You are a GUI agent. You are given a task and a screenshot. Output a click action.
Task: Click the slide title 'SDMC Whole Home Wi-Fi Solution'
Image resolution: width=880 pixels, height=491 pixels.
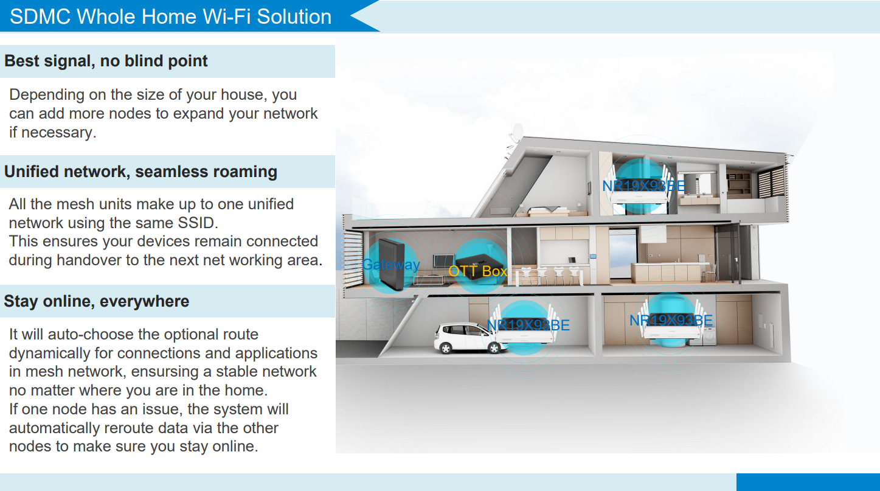pos(170,16)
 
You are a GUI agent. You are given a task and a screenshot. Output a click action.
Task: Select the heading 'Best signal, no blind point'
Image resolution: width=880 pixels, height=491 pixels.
pos(106,61)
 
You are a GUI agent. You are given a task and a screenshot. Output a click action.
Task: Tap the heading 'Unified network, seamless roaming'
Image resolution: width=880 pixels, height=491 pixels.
pos(140,172)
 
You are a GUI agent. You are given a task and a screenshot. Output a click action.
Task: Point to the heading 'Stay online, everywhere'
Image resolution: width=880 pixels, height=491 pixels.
pos(97,301)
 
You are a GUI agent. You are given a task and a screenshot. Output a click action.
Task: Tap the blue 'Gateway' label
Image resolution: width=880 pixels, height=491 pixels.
pos(391,265)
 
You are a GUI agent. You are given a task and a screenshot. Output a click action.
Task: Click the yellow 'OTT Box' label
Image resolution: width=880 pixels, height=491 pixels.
pos(478,271)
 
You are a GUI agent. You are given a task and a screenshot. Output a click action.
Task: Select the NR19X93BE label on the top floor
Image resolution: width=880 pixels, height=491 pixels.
pos(643,186)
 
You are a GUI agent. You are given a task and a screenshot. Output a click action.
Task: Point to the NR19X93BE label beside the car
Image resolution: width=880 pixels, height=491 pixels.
pos(528,326)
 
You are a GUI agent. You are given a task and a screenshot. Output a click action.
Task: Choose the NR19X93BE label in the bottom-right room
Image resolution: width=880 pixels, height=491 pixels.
pos(671,321)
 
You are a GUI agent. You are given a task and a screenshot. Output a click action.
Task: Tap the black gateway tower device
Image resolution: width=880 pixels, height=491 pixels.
pos(392,264)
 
